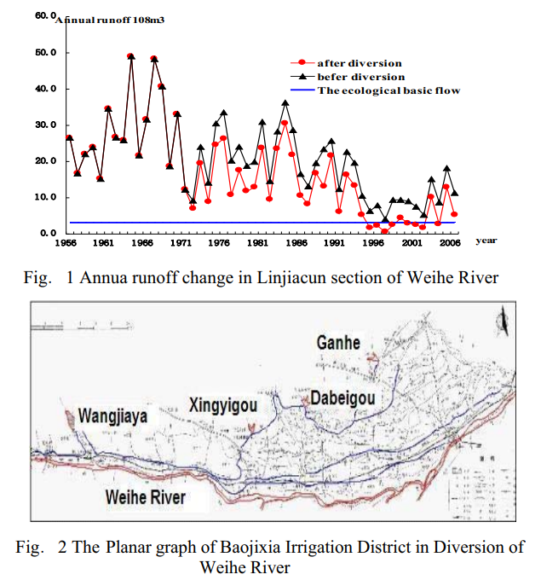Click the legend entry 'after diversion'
pyautogui.click(x=359, y=63)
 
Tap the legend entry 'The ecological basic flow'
pyautogui.click(x=388, y=90)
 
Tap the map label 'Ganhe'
pyautogui.click(x=338, y=343)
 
